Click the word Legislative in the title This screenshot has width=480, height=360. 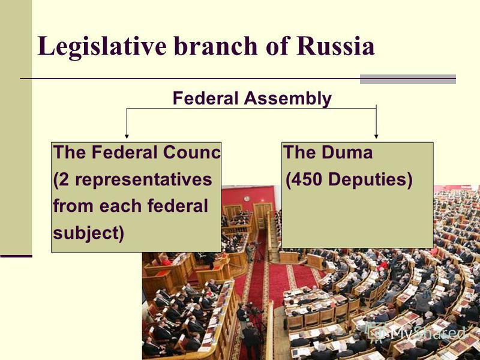(102, 47)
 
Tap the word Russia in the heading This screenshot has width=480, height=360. (335, 46)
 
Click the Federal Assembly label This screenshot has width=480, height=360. (252, 98)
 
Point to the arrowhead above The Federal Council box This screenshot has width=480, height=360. (127, 136)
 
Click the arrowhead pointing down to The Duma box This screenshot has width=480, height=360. (376, 136)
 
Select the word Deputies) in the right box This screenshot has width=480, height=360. (370, 179)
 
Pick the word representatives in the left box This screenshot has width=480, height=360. (143, 179)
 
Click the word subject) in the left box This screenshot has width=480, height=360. (88, 233)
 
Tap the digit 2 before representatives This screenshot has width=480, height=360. (64, 179)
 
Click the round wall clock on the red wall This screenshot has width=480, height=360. (247, 199)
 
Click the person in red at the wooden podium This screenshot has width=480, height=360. (166, 261)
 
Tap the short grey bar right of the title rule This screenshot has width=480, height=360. (408, 79)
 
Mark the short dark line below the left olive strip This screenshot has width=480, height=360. (16, 256)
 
